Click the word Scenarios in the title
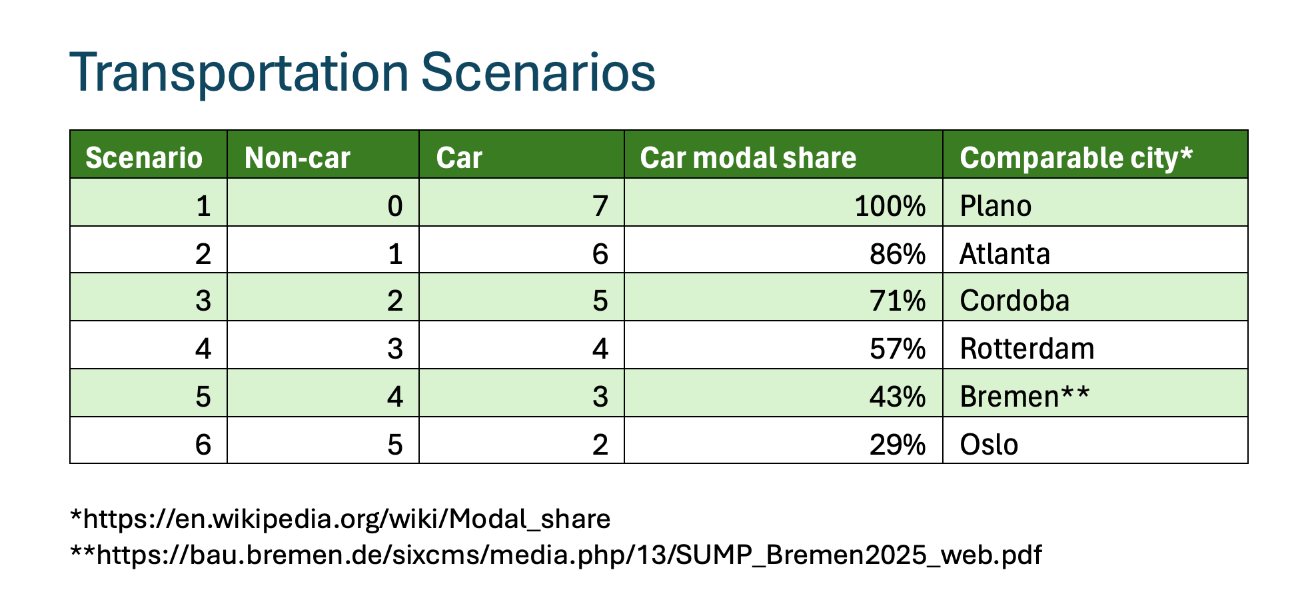(x=538, y=72)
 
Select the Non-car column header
(x=297, y=158)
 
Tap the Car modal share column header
(x=748, y=158)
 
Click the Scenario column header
(x=144, y=158)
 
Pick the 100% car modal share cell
(x=890, y=206)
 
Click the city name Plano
(x=995, y=206)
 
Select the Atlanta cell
(x=1005, y=254)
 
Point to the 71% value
(x=898, y=301)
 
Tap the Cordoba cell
(x=1015, y=301)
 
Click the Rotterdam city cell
(x=1027, y=349)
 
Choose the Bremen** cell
(x=1025, y=397)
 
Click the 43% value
(x=898, y=397)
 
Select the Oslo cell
(x=989, y=445)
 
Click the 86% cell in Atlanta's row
(x=898, y=254)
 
